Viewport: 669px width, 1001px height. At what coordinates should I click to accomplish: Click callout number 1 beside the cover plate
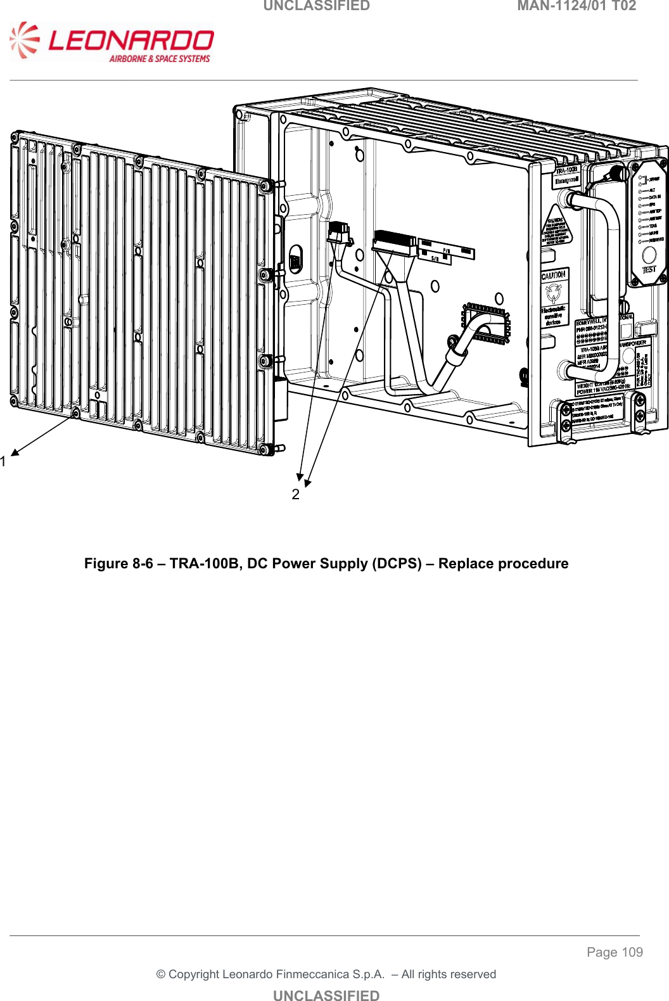coord(4,462)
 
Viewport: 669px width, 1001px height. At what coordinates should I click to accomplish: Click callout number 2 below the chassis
coord(295,495)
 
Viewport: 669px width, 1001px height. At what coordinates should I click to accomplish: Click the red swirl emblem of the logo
coord(24,40)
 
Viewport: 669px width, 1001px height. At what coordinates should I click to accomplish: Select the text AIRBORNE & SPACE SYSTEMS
coord(160,59)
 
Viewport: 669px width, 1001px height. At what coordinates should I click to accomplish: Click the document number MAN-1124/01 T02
coord(576,6)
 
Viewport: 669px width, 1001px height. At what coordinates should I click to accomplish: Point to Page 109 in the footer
coord(614,952)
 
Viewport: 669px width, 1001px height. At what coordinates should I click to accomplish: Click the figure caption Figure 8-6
coord(326,564)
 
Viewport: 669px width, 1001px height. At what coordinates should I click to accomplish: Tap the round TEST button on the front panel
coord(649,255)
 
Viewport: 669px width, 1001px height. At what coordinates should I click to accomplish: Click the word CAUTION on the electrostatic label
coord(553,276)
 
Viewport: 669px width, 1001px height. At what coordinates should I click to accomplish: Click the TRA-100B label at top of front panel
coord(567,170)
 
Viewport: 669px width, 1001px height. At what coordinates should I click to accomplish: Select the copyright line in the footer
coord(326,974)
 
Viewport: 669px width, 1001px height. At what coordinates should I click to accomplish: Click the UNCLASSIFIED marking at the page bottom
coord(326,995)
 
